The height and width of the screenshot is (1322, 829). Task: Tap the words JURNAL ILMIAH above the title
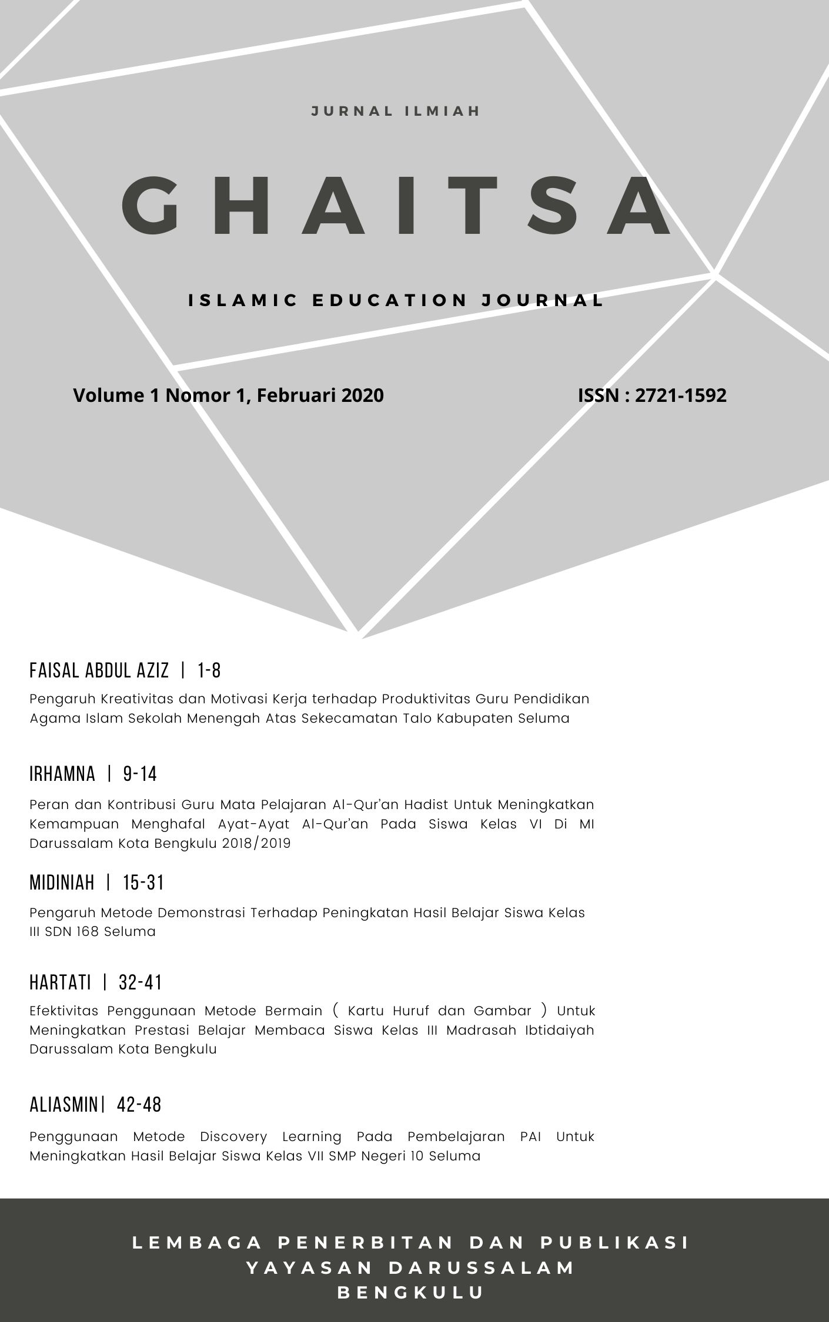[x=396, y=111]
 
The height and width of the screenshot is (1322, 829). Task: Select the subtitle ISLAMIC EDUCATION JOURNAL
[x=396, y=300]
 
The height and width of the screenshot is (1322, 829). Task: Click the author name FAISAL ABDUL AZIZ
[x=99, y=670]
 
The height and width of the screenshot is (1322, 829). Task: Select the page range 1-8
[x=209, y=670]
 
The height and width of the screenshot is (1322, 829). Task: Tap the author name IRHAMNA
[x=62, y=774]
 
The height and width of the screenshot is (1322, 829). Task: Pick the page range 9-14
[x=140, y=774]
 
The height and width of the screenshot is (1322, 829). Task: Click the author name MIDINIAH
[x=62, y=883]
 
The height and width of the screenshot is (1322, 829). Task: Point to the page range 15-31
[x=143, y=883]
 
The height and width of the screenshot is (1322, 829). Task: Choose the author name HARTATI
[x=60, y=982]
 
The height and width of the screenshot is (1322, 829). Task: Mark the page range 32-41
[x=140, y=982]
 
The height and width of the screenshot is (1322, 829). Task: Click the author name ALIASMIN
[x=63, y=1105]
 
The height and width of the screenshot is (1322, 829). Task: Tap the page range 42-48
[x=139, y=1105]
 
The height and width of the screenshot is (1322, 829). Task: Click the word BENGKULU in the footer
[x=411, y=1293]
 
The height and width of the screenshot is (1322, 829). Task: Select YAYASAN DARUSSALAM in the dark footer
[x=411, y=1268]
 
